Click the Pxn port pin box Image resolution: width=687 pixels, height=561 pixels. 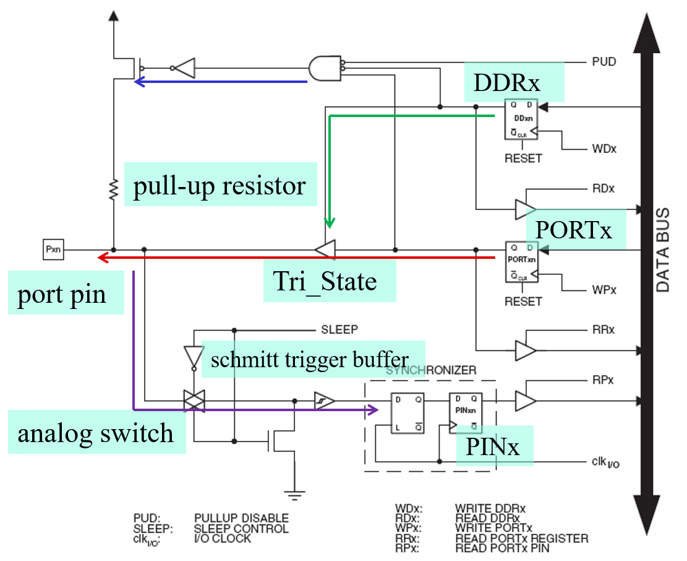[x=52, y=250]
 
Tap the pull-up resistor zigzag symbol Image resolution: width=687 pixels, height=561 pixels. [x=114, y=189]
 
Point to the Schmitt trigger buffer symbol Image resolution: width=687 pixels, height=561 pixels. [x=324, y=401]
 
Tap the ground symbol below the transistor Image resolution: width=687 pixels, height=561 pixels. [x=291, y=493]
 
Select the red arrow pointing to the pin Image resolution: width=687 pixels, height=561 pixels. [x=297, y=257]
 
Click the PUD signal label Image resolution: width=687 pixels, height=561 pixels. [x=604, y=62]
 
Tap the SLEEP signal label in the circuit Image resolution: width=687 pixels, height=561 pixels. [x=339, y=329]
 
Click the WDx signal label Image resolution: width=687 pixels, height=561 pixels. [x=604, y=149]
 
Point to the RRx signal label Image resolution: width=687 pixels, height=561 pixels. [x=603, y=329]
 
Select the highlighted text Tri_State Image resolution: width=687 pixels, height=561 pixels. [x=325, y=282]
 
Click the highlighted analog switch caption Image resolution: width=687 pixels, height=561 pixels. [x=96, y=433]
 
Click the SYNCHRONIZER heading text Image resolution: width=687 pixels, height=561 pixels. [x=431, y=370]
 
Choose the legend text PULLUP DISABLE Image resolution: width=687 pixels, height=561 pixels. [x=241, y=518]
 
